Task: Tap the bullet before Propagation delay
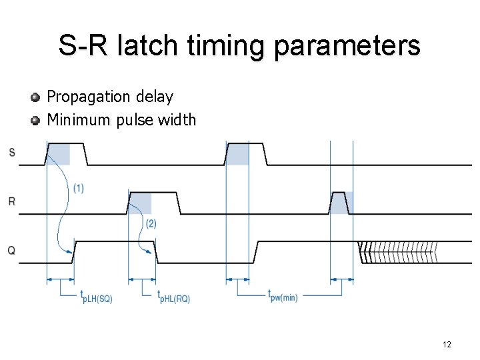pos(35,97)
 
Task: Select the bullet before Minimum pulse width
pos(35,121)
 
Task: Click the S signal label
pos(12,153)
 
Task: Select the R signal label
pos(12,201)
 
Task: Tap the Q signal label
pos(12,250)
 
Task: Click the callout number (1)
pos(79,188)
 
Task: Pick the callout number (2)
pos(151,224)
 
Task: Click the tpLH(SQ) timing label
pos(96,297)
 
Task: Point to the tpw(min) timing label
pos(283,295)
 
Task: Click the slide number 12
pos(447,345)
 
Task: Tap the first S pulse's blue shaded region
pos(59,154)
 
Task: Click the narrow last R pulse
pos(339,201)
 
